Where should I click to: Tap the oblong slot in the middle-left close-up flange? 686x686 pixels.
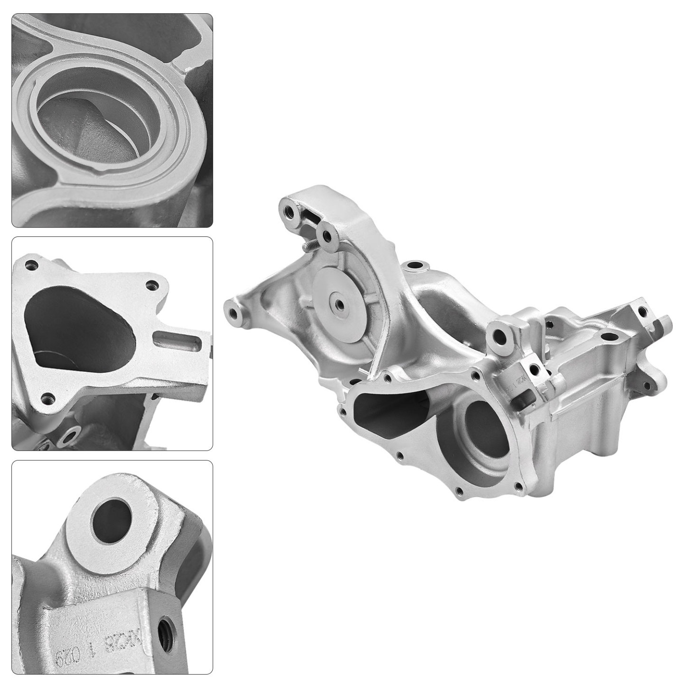[176, 341]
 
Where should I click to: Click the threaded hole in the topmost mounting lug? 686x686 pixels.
[288, 208]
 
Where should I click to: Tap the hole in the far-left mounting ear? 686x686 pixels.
[233, 312]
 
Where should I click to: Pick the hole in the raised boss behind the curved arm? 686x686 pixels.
[416, 264]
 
